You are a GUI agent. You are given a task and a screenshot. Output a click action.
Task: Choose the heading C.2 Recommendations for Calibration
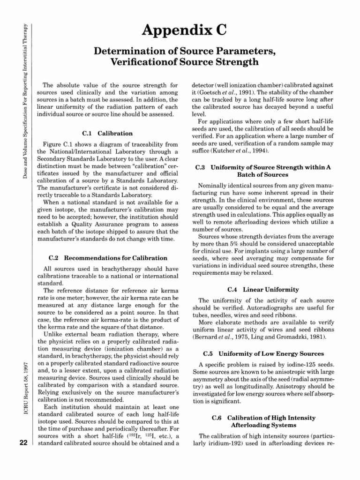(108, 258)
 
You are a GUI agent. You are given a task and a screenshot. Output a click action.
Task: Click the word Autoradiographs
(272, 307)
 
